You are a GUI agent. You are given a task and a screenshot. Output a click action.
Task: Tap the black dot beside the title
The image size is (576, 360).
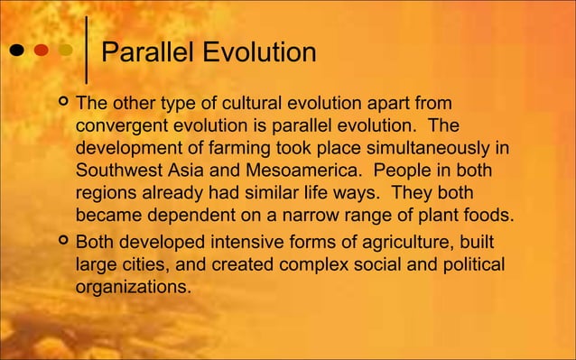tap(17, 51)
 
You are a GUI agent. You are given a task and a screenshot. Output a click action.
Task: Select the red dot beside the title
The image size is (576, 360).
tap(42, 51)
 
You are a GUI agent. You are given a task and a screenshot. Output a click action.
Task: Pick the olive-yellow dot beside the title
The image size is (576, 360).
tap(65, 51)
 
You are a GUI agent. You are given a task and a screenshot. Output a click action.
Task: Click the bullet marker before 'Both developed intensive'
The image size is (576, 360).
tap(62, 242)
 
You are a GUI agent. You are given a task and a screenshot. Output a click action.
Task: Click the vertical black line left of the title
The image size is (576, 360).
tap(87, 51)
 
